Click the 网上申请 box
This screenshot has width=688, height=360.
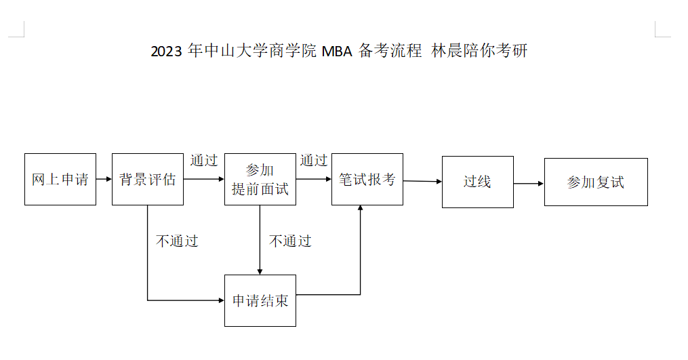coord(60,180)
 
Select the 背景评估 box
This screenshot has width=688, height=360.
coord(148,180)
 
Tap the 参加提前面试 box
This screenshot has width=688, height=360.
coord(260,180)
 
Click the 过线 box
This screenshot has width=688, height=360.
coord(477,182)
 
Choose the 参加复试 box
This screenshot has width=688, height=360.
coord(596,182)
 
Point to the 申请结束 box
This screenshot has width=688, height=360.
coord(260,300)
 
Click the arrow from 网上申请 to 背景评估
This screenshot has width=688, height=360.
coord(104,180)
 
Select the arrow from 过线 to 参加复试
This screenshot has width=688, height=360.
coord(528,183)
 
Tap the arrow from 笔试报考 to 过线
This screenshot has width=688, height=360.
coord(422,181)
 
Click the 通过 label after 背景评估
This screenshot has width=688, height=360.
coord(204,161)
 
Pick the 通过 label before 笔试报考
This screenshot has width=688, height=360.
coord(314,161)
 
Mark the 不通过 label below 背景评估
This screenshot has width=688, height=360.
coord(177,241)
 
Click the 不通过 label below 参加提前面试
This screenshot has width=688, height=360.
coord(290,241)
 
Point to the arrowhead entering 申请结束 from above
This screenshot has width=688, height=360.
coord(260,271)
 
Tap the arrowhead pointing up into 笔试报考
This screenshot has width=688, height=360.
coord(361,209)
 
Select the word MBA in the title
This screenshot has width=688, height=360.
coord(337,52)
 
